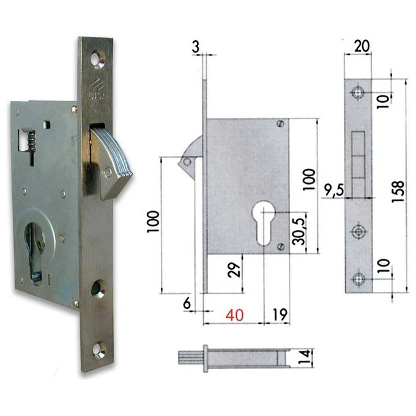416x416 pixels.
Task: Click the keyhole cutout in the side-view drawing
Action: click(265, 223)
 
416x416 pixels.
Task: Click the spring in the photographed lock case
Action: click(27, 144)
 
